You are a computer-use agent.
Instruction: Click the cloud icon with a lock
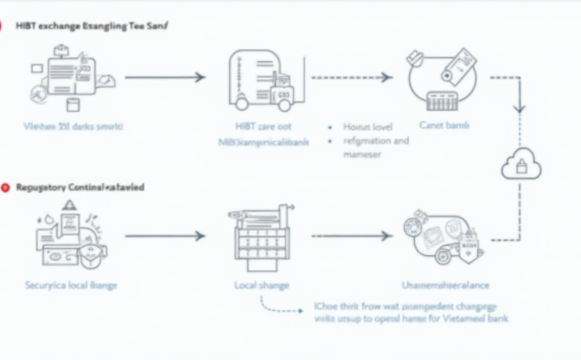521,164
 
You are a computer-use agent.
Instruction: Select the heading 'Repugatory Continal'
80,187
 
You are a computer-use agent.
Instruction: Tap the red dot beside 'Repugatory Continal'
6,187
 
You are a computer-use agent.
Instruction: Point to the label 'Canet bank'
444,125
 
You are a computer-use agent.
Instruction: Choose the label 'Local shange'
262,285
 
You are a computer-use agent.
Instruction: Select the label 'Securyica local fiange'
71,285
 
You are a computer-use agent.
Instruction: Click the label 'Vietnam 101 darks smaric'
73,126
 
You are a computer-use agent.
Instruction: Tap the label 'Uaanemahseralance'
445,285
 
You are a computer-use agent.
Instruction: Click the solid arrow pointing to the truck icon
165,77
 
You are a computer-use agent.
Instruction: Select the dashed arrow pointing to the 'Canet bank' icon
352,77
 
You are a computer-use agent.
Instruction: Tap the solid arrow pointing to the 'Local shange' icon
165,236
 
